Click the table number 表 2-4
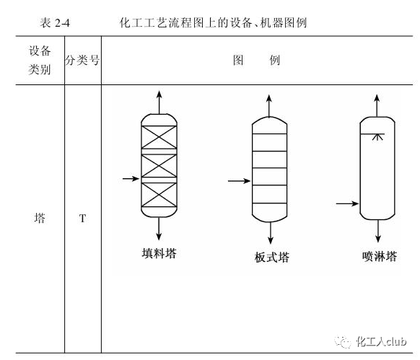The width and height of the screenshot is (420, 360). tap(55, 23)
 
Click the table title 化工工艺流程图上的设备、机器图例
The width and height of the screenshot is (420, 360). tap(213, 23)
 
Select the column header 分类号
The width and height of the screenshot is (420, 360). tap(82, 60)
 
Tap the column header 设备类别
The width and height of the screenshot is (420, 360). tap(40, 60)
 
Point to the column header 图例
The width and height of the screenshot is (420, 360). tap(257, 60)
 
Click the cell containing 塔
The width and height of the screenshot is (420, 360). tap(40, 218)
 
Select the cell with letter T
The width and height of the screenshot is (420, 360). tap(82, 219)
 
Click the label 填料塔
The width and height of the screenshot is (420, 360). tap(159, 253)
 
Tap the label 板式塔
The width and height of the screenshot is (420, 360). tap(272, 257)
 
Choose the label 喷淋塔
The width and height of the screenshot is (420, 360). tap(380, 256)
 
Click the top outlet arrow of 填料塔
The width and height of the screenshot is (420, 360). tap(159, 102)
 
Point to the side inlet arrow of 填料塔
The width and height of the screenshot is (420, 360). tap(131, 178)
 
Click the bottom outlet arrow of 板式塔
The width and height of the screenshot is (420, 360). tap(271, 233)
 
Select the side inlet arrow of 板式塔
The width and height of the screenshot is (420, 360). tap(239, 181)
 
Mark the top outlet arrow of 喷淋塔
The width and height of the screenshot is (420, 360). tap(377, 105)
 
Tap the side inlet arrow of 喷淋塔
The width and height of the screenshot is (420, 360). tap(347, 204)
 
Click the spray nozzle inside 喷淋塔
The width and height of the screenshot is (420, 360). tap(377, 136)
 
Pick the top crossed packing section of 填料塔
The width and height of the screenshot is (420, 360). tap(159, 137)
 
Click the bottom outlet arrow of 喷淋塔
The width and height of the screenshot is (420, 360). tap(378, 231)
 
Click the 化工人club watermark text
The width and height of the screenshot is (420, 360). tap(381, 341)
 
